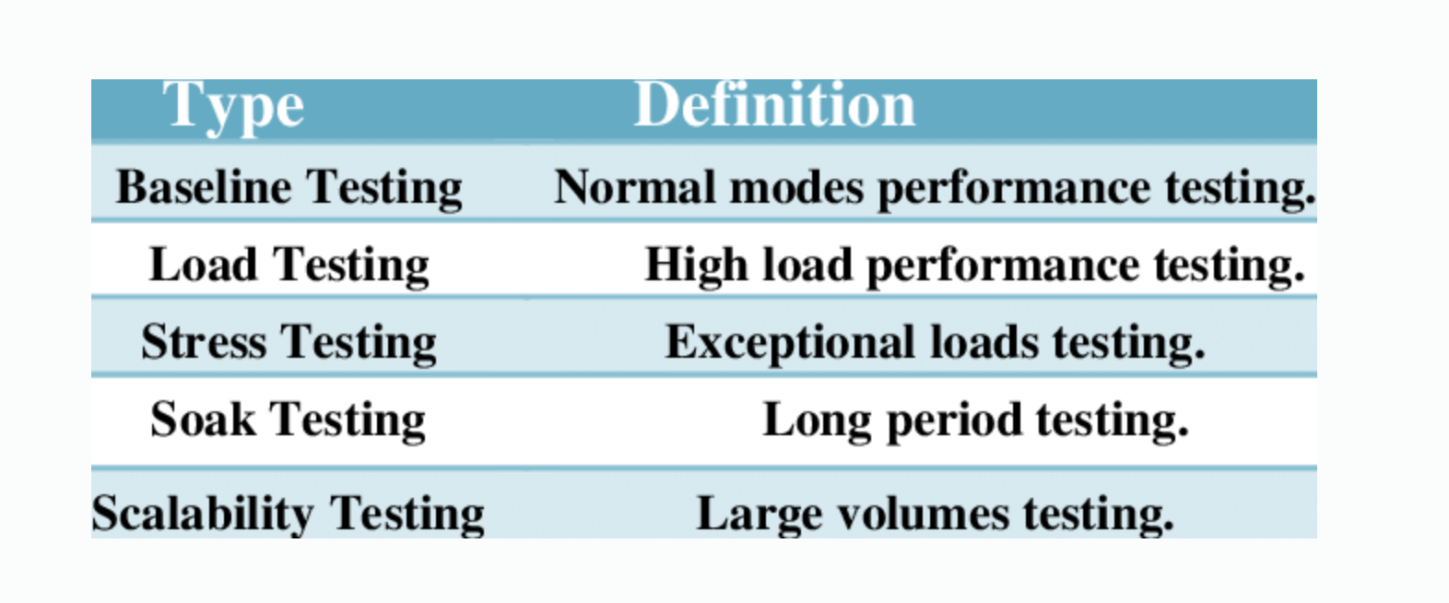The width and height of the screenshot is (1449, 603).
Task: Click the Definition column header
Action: click(x=774, y=105)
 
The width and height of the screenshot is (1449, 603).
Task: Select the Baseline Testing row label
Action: click(x=289, y=187)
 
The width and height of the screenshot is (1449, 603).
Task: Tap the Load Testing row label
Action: click(x=289, y=266)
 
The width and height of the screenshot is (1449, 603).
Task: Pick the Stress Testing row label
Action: click(x=289, y=342)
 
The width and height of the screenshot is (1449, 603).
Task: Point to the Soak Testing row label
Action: click(x=288, y=420)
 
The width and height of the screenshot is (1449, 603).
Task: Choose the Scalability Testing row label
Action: click(x=288, y=514)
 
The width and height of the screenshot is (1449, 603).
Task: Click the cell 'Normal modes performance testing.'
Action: click(x=934, y=188)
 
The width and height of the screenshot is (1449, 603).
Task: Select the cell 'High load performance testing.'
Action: click(x=974, y=266)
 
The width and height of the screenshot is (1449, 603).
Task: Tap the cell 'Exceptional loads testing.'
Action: click(x=935, y=343)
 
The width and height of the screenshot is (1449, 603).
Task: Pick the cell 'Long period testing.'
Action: click(x=975, y=420)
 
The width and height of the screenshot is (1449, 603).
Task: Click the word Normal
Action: click(x=634, y=187)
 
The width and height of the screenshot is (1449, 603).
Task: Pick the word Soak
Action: click(x=203, y=420)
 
